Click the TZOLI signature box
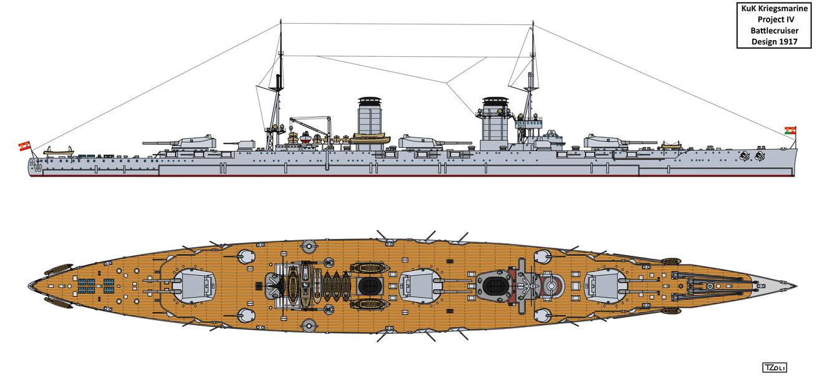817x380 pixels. click(x=773, y=368)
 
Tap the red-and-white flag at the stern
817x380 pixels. click(x=24, y=146)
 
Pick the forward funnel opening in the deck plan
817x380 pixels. click(x=495, y=286)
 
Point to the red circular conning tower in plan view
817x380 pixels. click(x=552, y=286)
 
